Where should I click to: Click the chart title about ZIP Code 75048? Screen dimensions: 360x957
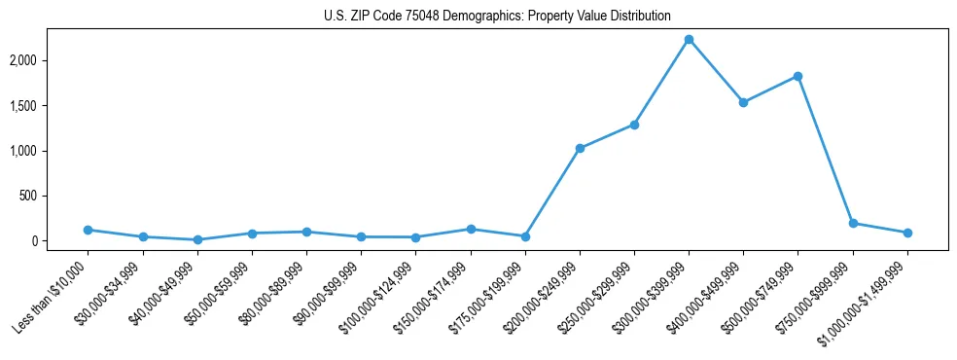click(x=497, y=16)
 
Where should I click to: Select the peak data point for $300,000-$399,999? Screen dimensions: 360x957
click(x=689, y=40)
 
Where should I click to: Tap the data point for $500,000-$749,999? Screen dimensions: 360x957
click(x=797, y=76)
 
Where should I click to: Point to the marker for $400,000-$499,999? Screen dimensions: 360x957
click(x=743, y=102)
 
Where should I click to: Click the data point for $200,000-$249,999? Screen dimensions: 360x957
click(x=580, y=149)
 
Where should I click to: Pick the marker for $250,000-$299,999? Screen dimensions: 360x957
click(x=634, y=125)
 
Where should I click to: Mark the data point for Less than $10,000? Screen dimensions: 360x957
click(x=89, y=231)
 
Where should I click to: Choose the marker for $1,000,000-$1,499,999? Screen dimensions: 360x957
click(x=907, y=234)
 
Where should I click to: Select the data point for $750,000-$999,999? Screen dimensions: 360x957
click(x=853, y=224)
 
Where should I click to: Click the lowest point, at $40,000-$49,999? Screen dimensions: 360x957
click(x=197, y=239)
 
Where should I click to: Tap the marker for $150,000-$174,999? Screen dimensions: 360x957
click(x=471, y=230)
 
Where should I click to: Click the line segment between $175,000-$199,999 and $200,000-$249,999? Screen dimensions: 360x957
click(x=552, y=193)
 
